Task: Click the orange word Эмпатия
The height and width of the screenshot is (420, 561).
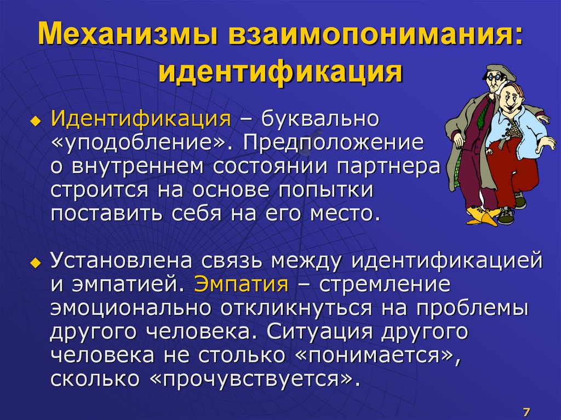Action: pyautogui.click(x=242, y=284)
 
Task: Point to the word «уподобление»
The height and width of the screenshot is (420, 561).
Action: pyautogui.click(x=144, y=142)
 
